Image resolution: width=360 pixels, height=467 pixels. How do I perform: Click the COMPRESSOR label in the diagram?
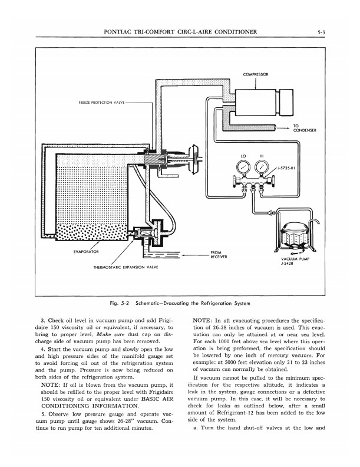(x=255, y=75)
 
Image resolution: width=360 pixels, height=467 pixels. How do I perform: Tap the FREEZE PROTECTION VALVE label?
(x=100, y=102)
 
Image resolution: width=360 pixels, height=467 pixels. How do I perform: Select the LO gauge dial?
(x=242, y=169)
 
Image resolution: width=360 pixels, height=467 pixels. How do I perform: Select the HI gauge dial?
(x=260, y=169)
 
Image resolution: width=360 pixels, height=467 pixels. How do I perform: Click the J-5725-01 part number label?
(x=285, y=168)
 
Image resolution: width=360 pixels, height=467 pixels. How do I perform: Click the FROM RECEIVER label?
(x=219, y=255)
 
